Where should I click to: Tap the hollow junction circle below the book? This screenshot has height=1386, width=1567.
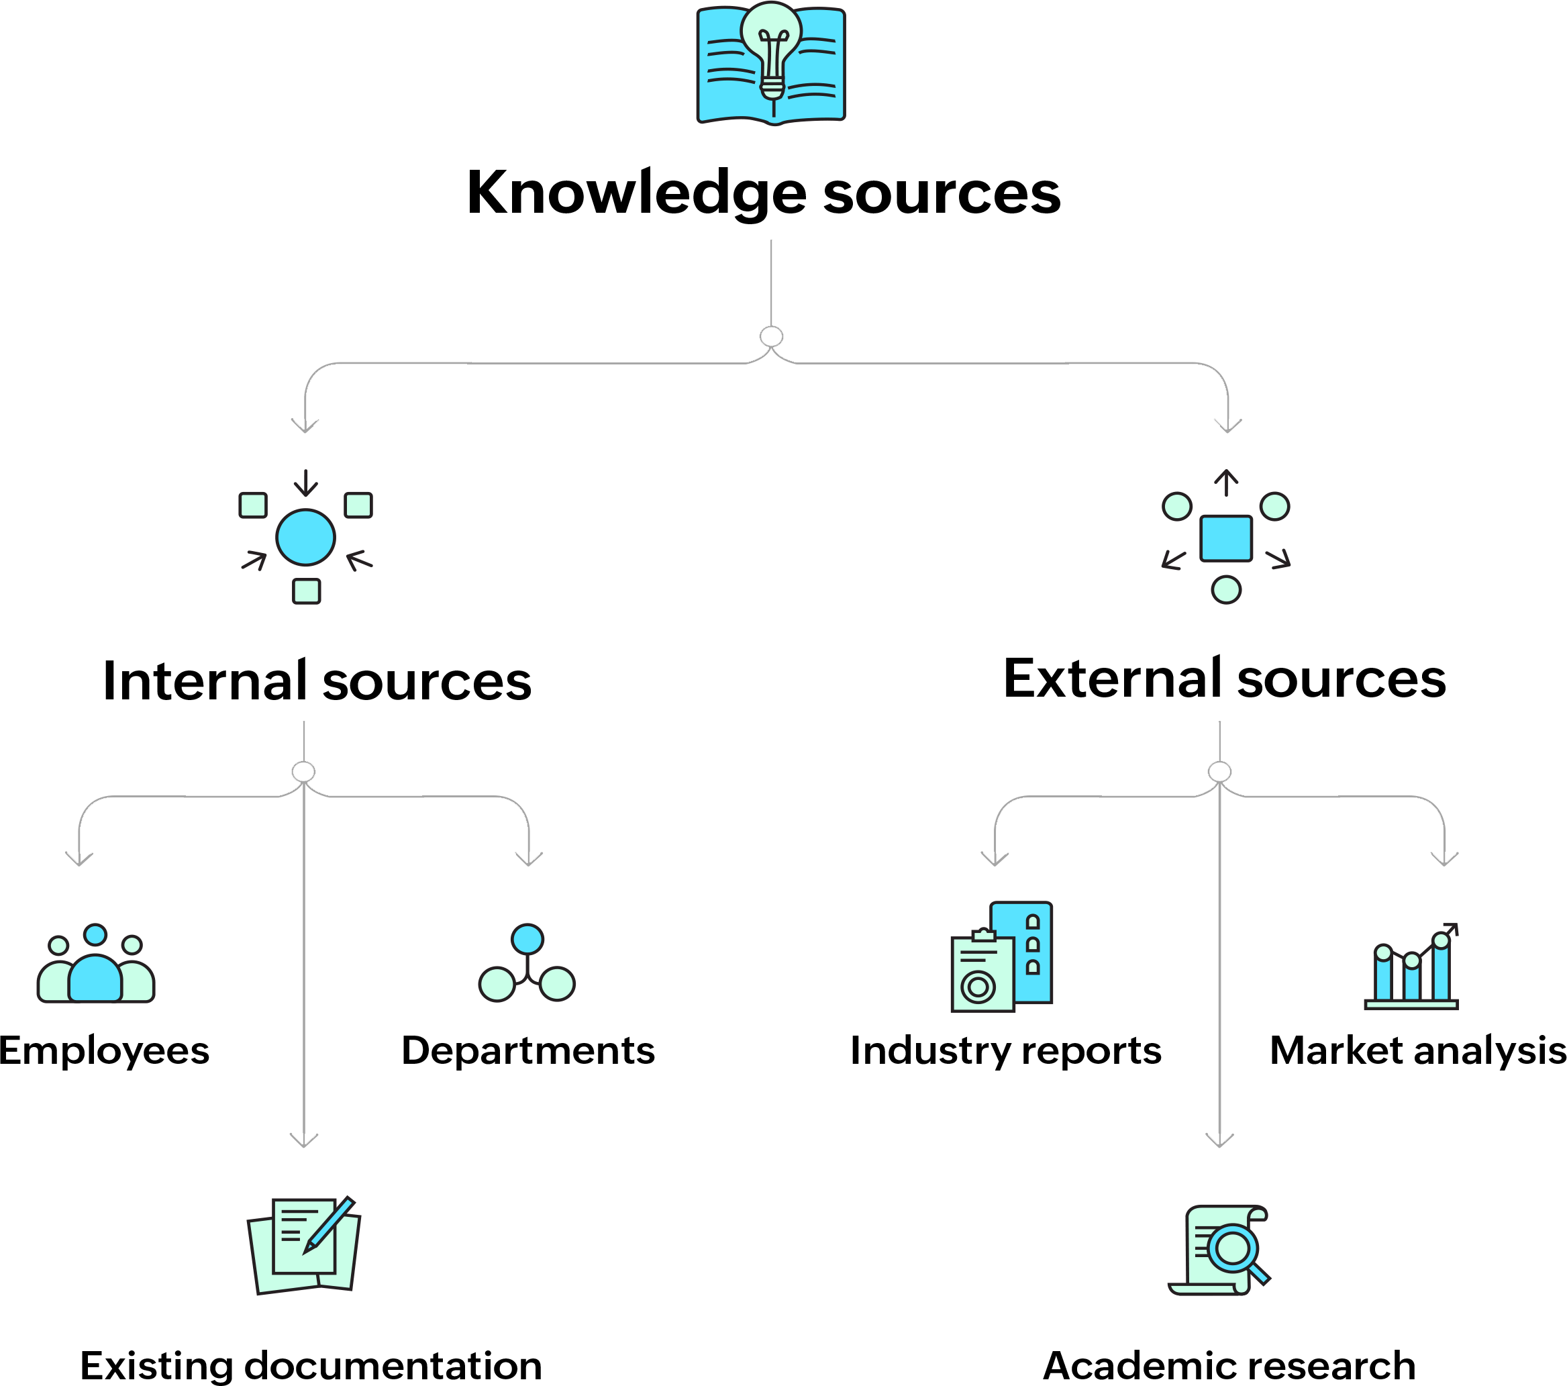[x=771, y=336]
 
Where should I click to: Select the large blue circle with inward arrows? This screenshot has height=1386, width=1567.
[x=306, y=538]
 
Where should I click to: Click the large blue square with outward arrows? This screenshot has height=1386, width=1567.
[x=1226, y=538]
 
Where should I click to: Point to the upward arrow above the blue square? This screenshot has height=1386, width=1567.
[x=1227, y=482]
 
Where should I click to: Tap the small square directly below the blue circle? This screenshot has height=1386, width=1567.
[x=307, y=591]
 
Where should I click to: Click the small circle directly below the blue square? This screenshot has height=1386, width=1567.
[x=1226, y=589]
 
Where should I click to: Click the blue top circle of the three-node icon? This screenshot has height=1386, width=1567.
[x=527, y=939]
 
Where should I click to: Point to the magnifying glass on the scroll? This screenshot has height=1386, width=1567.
[x=1234, y=1250]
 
